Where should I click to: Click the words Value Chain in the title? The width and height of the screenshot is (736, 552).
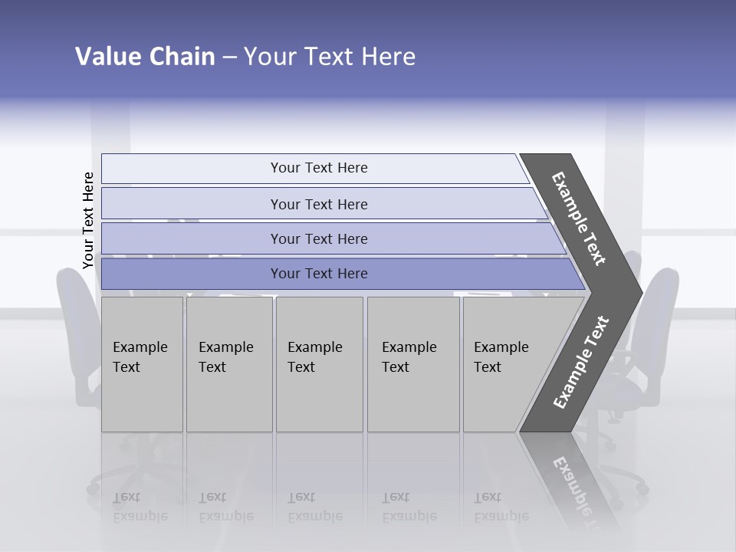[x=145, y=57]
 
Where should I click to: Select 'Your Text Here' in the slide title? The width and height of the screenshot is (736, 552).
[x=330, y=57]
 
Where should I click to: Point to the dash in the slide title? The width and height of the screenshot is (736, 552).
[x=229, y=58]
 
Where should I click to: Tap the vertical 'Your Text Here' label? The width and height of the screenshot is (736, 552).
[x=88, y=220]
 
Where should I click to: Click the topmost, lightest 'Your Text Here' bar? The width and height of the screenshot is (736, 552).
[x=318, y=168]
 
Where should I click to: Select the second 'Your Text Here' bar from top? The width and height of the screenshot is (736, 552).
[x=318, y=204]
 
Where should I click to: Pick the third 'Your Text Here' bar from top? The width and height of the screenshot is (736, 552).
[x=318, y=238]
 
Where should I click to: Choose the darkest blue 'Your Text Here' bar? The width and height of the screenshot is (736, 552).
[x=318, y=274]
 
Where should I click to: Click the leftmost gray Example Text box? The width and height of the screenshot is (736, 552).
[x=141, y=364]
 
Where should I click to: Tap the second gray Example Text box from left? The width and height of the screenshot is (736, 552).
[x=228, y=364]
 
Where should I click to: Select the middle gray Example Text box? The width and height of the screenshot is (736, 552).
[x=318, y=364]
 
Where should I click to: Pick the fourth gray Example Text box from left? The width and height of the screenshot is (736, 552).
[x=412, y=364]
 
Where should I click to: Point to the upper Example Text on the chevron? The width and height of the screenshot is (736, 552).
[x=579, y=219]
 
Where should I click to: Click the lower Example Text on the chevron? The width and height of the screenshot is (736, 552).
[x=581, y=362]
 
